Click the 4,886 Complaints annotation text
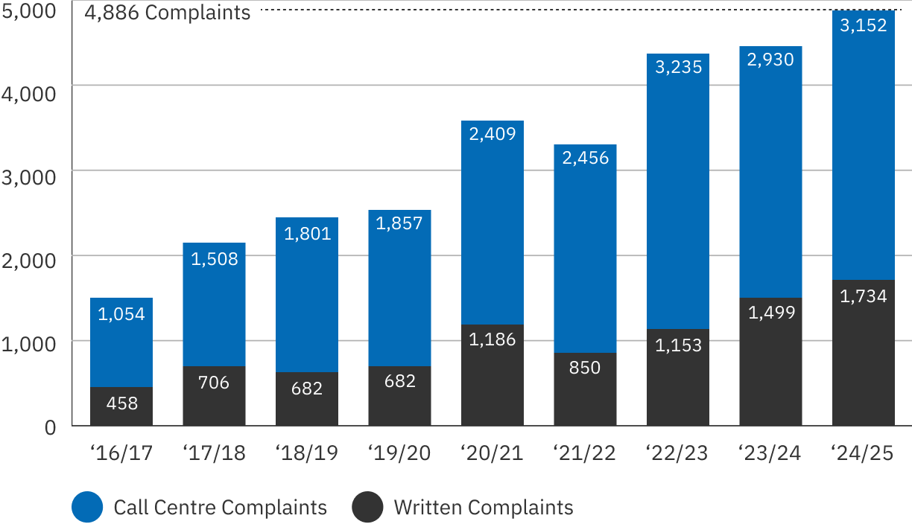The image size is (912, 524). [x=168, y=13]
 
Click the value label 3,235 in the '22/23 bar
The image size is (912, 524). [x=678, y=67]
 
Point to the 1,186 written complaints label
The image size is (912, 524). [x=492, y=339]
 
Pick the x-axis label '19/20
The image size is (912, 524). [x=399, y=453]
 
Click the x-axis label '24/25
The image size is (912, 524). [x=863, y=453]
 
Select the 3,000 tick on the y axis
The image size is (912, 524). [x=30, y=178]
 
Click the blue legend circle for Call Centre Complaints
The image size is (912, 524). [x=87, y=508]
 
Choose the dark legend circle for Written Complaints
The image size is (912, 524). [x=367, y=508]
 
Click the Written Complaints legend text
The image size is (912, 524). [x=484, y=508]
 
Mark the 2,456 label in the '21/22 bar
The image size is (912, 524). [x=585, y=158]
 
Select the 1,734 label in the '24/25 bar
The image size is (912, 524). [x=863, y=296]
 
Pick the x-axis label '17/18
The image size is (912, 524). [x=214, y=453]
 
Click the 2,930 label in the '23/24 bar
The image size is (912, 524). [x=770, y=60]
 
